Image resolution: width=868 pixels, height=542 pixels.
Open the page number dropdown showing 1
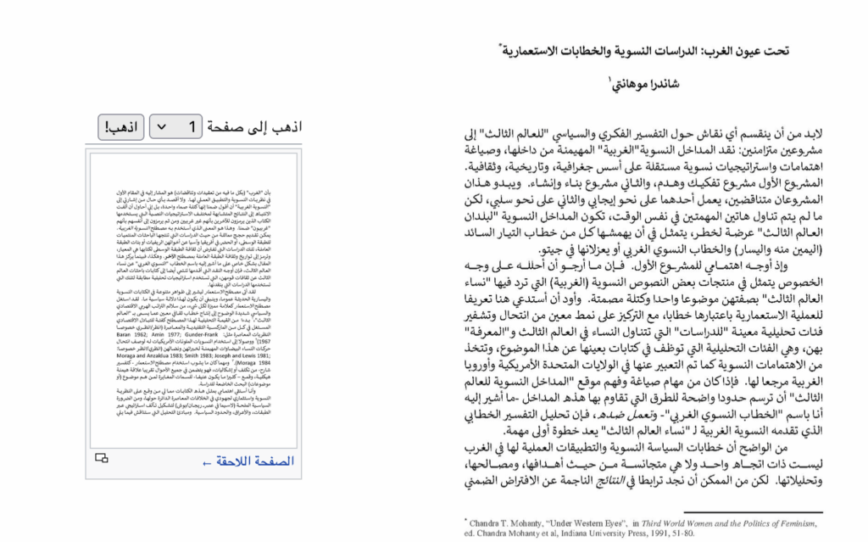[175, 127]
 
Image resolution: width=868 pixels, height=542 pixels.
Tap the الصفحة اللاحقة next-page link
[248, 461]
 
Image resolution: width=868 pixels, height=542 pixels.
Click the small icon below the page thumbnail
[102, 459]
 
